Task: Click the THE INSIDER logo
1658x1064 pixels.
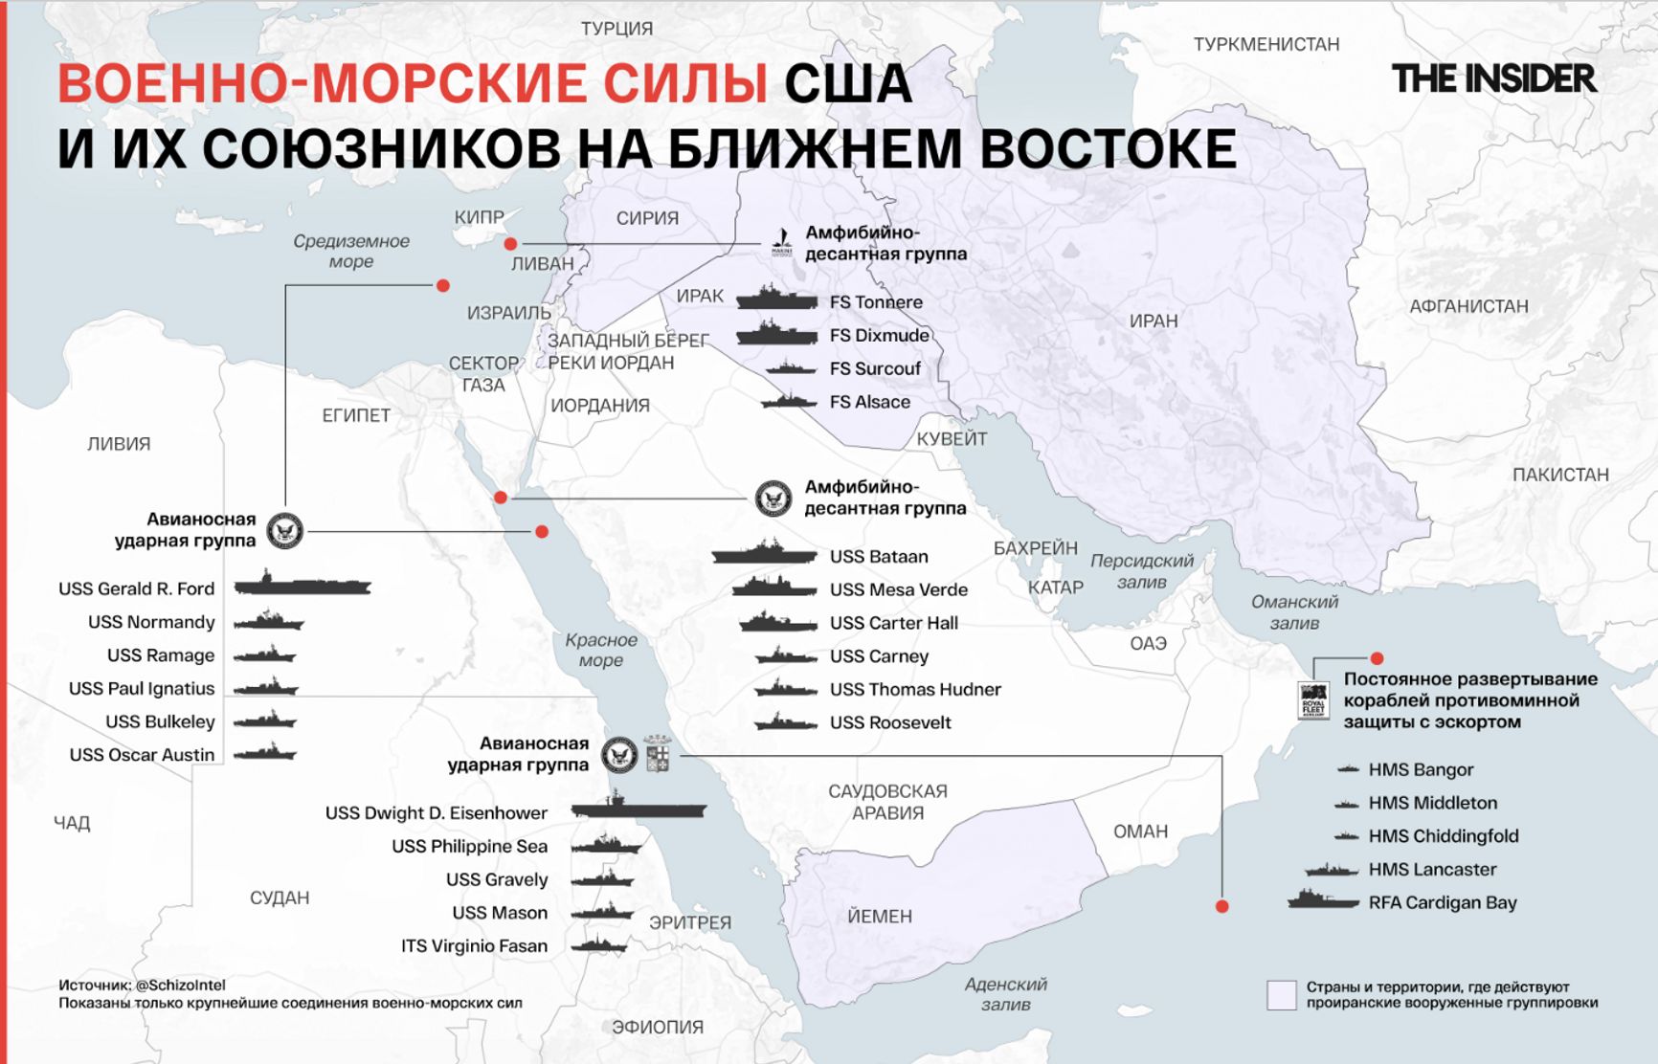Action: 1493,78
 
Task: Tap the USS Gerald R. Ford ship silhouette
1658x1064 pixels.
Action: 302,585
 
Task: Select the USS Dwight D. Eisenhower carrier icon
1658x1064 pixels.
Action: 639,809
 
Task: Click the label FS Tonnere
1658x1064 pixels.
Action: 876,302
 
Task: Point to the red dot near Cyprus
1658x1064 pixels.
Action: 510,244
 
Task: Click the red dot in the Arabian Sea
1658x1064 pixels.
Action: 1221,906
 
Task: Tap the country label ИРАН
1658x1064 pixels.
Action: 1154,321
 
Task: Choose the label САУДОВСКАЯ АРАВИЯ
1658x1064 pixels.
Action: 887,802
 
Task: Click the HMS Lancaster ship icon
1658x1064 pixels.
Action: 1332,870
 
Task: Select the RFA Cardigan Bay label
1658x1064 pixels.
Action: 1443,902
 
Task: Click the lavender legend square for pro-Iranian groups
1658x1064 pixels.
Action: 1281,995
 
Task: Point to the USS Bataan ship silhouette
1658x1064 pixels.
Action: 765,553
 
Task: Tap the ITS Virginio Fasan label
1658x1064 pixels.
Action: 474,946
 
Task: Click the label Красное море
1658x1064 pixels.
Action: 600,650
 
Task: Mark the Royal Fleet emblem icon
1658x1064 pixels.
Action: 1313,700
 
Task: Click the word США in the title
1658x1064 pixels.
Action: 847,84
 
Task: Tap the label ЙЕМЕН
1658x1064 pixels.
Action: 880,917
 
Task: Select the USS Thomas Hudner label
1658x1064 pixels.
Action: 915,690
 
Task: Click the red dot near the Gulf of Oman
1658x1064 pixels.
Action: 1377,658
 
